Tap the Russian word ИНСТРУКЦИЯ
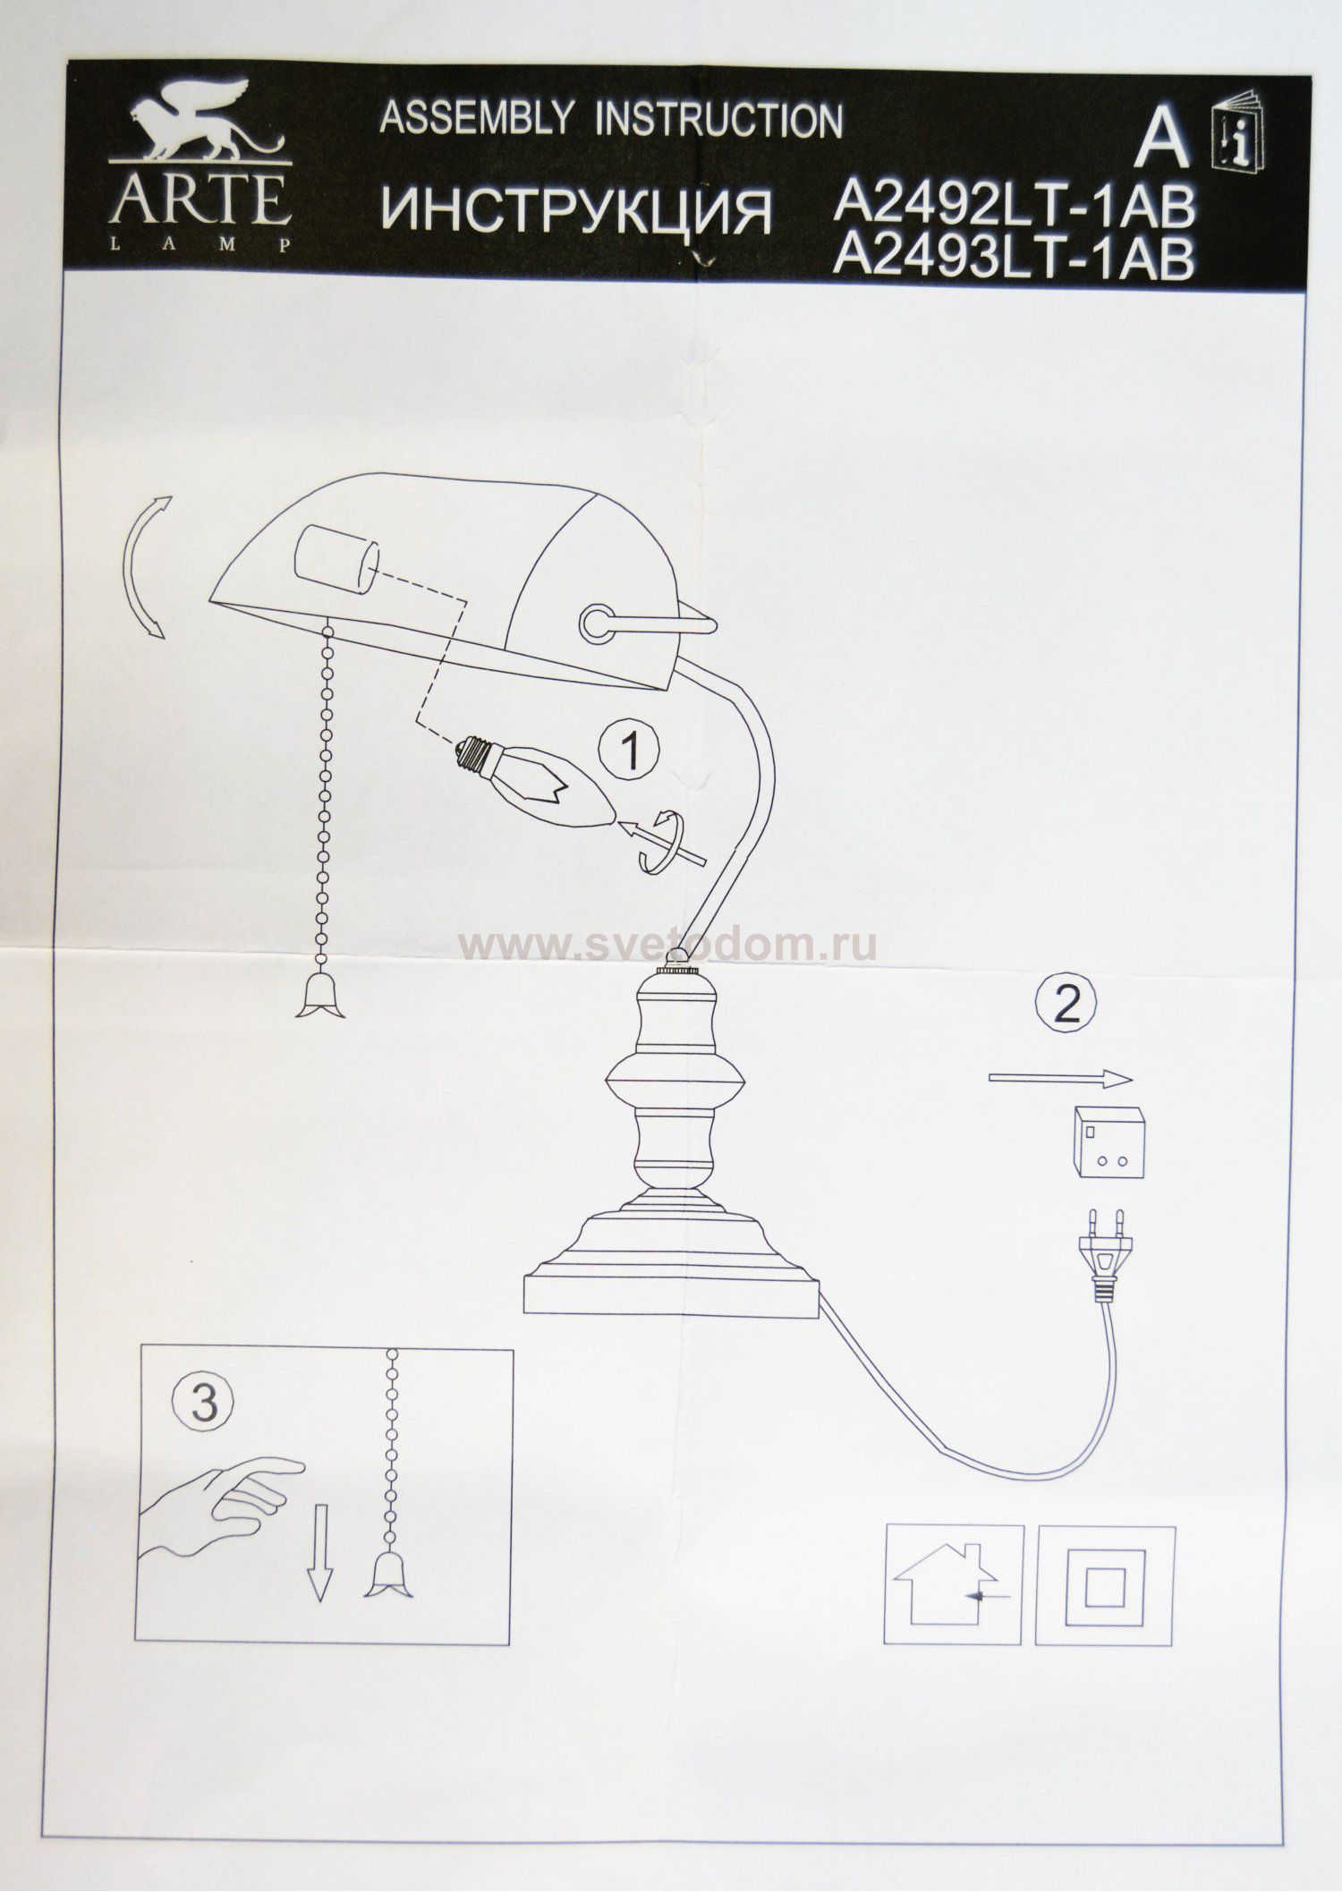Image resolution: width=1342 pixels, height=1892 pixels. pyautogui.click(x=577, y=211)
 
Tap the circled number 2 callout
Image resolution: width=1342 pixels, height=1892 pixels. pyautogui.click(x=1065, y=1006)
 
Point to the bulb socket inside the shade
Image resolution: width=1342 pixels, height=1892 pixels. pyautogui.click(x=335, y=559)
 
